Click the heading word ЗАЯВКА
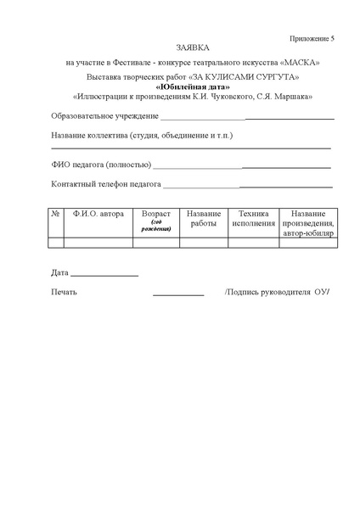(x=191, y=48)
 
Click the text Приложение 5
(x=312, y=38)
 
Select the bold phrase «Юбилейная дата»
(x=192, y=87)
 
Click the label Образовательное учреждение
(x=104, y=116)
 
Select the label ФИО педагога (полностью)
(x=101, y=164)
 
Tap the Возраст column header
(x=156, y=215)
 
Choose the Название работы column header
(x=204, y=219)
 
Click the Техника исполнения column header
(x=254, y=219)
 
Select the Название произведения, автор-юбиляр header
(x=308, y=223)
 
